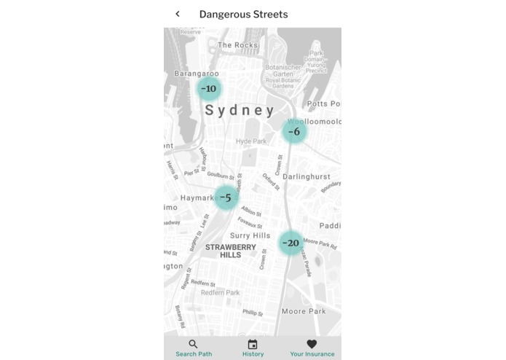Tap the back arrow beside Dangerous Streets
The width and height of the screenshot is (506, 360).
(x=178, y=14)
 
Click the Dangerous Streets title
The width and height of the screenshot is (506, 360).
(x=243, y=15)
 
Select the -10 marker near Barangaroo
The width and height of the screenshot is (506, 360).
(x=209, y=89)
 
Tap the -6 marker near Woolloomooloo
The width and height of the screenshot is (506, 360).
(x=294, y=132)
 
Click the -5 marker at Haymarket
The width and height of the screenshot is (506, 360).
(x=226, y=197)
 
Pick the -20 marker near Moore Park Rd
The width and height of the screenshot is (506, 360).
(x=290, y=243)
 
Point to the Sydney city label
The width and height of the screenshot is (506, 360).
(x=240, y=111)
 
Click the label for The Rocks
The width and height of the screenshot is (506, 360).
(x=237, y=45)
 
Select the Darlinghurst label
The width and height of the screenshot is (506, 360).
(x=306, y=177)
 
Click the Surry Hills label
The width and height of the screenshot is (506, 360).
(x=250, y=235)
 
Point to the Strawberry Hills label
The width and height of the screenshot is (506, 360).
(x=230, y=251)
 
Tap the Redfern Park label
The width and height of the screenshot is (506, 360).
(x=220, y=292)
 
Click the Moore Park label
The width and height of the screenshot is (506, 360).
(x=304, y=311)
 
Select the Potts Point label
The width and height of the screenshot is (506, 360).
(x=324, y=104)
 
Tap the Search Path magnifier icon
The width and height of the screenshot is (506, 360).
(x=193, y=344)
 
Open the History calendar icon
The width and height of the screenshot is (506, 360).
(x=253, y=344)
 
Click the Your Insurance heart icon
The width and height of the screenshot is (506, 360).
(x=312, y=344)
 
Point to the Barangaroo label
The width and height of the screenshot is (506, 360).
(x=197, y=74)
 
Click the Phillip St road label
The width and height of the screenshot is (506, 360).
(x=253, y=313)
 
